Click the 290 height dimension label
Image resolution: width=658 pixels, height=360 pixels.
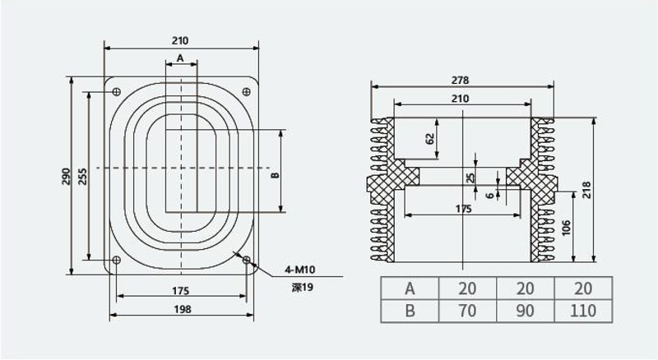pos(66,177)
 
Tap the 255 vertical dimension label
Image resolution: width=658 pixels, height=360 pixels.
pos(83,177)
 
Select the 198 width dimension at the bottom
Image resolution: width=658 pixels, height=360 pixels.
pos(182,309)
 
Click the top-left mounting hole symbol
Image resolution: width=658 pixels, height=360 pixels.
pos(117,91)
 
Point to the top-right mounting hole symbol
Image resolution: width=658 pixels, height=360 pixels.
pos(246,91)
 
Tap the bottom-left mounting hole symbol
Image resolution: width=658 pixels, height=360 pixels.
pos(117,260)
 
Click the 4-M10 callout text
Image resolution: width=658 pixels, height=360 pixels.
pos(299,270)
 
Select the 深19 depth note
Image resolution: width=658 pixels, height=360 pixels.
pos(303,288)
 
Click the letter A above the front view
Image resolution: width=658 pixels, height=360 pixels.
pos(180,58)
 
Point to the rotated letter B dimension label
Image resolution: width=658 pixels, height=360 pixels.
pos(275,175)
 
